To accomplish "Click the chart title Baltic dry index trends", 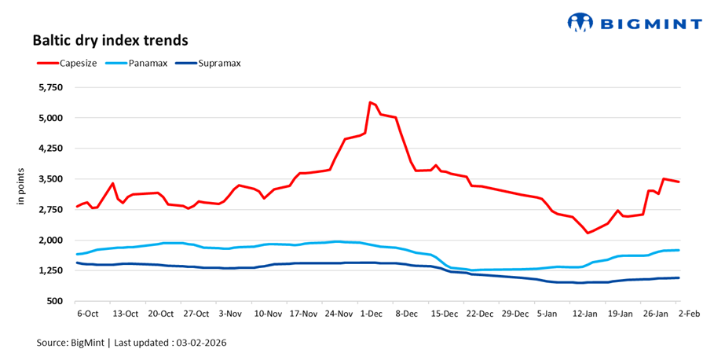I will tap(110, 39).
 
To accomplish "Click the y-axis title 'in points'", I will tap(22, 187).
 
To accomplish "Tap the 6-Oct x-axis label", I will tap(87, 314).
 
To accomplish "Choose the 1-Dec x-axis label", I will tap(371, 314).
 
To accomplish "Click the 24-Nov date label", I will tap(339, 314).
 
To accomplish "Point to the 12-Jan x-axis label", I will tap(585, 314).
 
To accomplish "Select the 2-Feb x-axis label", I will tap(691, 314).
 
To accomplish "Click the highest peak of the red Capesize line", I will tap(370, 102).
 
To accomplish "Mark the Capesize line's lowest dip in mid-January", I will tap(588, 233).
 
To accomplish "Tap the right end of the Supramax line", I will tap(679, 277).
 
